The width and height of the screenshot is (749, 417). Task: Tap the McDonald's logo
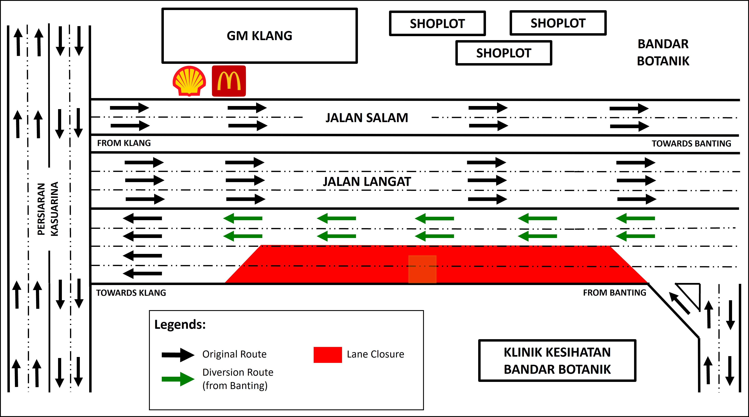coord(229,81)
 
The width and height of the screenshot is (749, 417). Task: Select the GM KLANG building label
coord(259,36)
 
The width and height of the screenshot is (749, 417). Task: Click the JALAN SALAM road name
coord(367,118)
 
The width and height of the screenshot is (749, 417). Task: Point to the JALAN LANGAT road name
coord(367,182)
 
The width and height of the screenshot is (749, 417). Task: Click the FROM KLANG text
coord(124,143)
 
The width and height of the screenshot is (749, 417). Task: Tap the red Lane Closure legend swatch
coord(328,355)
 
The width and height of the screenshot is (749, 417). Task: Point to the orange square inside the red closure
coord(422,269)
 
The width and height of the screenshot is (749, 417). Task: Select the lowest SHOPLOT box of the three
coord(504,53)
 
